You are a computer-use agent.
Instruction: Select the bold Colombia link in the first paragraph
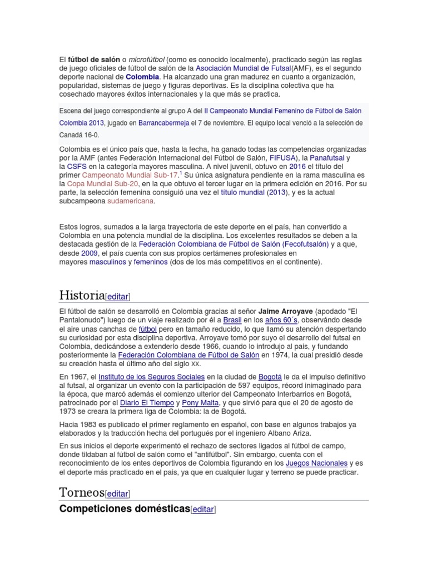click(x=142, y=77)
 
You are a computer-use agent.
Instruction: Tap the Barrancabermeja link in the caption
click(x=165, y=123)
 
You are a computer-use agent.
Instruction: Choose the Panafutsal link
click(x=332, y=158)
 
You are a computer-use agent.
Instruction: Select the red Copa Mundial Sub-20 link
click(x=102, y=183)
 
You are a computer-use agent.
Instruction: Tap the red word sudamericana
click(x=130, y=201)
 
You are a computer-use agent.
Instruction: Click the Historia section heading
click(x=82, y=295)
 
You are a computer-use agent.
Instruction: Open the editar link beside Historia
click(x=118, y=296)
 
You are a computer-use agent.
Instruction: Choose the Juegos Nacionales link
click(x=316, y=463)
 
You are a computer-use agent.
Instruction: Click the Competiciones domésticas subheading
click(x=125, y=508)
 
